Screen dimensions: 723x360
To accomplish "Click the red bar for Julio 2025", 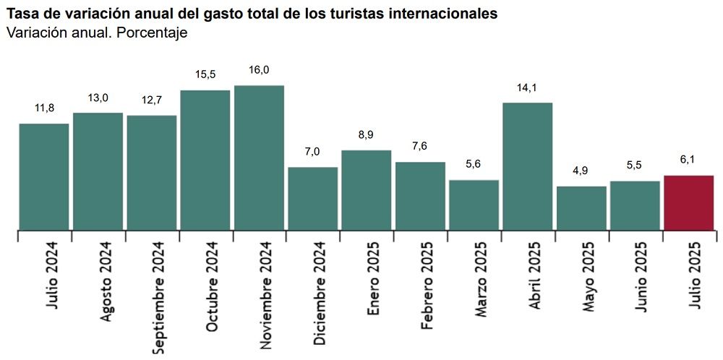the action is [x=689, y=202].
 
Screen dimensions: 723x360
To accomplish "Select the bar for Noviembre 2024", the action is [x=259, y=158].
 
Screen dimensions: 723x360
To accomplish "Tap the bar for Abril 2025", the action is [x=528, y=166].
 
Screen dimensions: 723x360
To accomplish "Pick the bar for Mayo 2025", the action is [x=581, y=208].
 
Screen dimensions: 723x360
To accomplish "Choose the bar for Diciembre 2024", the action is [x=313, y=198].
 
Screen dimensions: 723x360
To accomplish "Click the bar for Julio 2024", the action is [x=44, y=176].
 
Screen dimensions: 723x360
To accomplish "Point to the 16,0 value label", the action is [x=259, y=70].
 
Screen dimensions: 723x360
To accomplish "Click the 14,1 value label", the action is [x=528, y=87].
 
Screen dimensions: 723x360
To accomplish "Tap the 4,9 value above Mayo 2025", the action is [x=581, y=171].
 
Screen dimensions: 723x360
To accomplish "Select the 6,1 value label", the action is [x=689, y=160].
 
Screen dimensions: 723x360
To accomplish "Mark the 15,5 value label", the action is [x=205, y=74].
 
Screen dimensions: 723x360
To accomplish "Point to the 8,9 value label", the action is [x=366, y=135].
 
